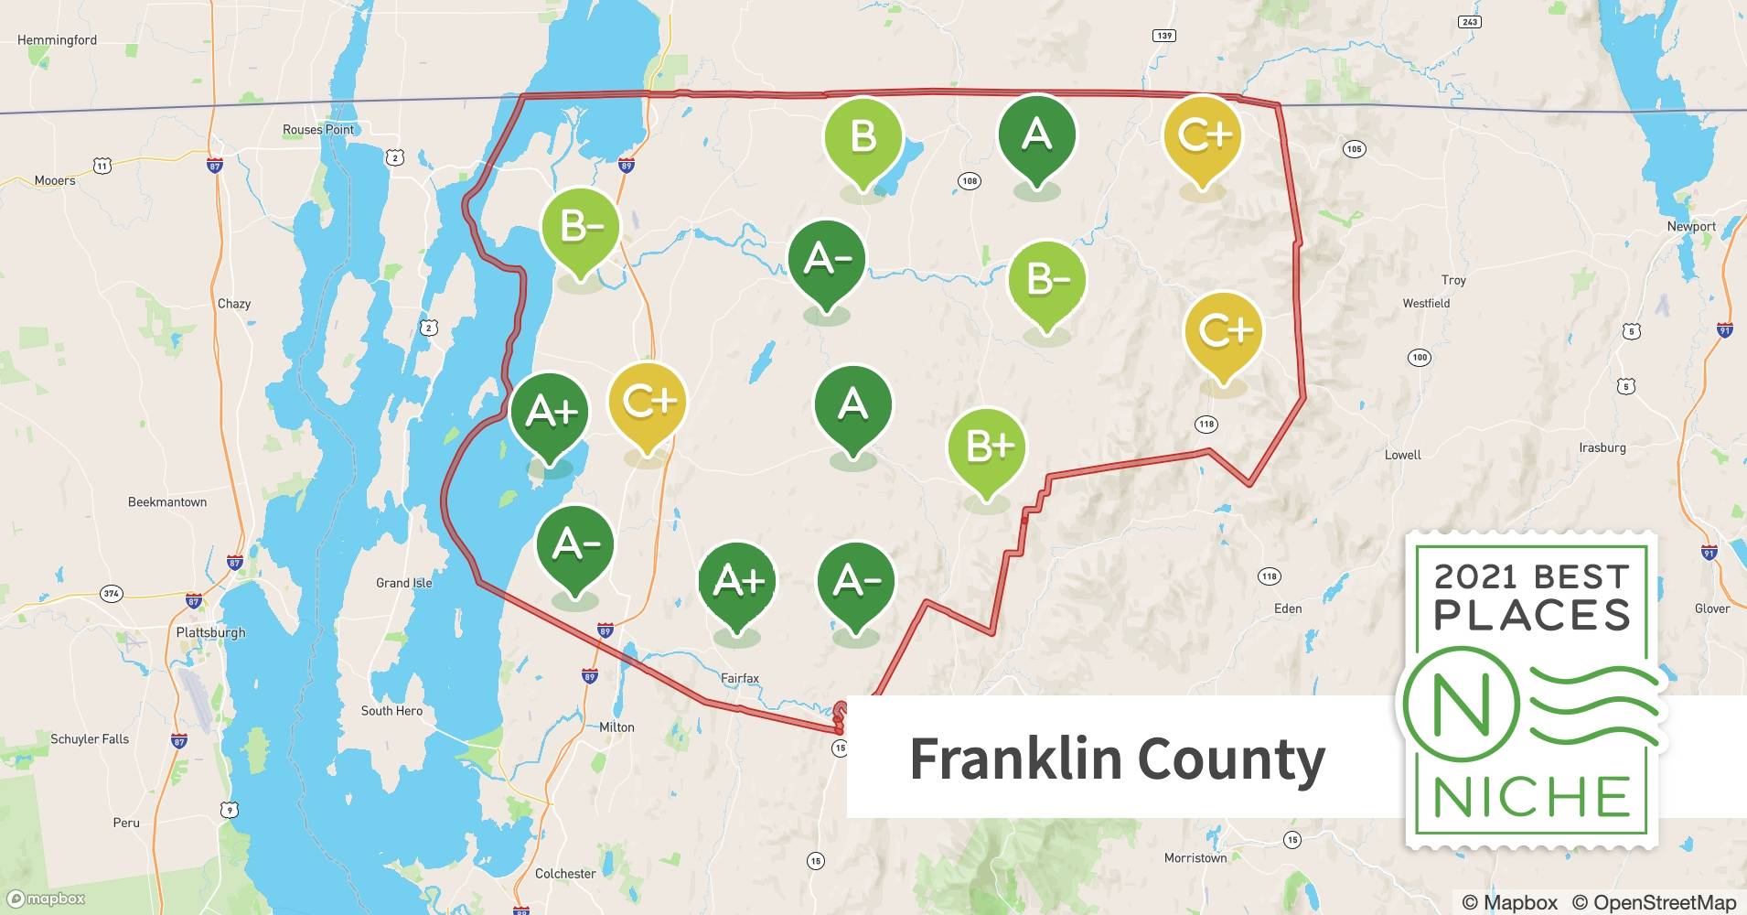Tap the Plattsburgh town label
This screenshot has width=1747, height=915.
click(210, 632)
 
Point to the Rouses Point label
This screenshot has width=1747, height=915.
click(317, 130)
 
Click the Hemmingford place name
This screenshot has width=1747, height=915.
click(57, 40)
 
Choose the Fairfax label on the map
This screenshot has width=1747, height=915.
click(740, 678)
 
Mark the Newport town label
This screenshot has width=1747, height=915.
click(1691, 226)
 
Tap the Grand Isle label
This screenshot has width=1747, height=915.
click(403, 583)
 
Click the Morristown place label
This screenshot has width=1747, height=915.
click(1195, 858)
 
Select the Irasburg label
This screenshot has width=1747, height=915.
click(1602, 447)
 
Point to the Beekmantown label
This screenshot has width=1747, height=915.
click(167, 502)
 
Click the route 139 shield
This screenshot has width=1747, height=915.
click(1163, 36)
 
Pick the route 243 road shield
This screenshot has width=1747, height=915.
click(1469, 22)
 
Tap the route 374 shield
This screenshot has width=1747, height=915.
click(111, 594)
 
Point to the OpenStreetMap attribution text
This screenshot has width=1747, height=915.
click(1652, 902)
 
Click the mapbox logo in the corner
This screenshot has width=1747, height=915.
click(46, 899)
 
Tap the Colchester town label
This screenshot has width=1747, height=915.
click(564, 874)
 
